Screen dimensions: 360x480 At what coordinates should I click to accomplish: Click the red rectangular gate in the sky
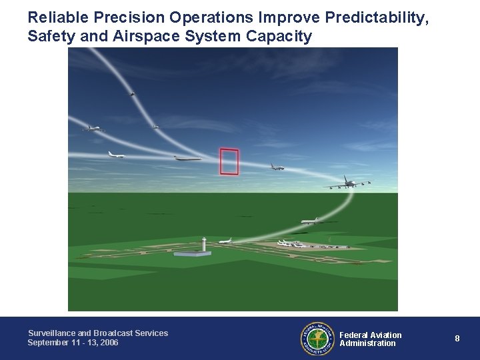click(x=229, y=161)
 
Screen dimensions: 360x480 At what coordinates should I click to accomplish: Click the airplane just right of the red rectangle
click(x=277, y=167)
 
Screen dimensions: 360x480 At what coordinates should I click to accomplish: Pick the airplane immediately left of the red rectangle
click(x=187, y=158)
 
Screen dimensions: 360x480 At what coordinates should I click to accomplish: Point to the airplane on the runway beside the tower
click(x=225, y=241)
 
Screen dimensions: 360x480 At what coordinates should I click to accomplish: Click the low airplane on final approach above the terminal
click(x=309, y=221)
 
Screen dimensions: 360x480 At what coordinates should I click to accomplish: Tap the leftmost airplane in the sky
click(x=93, y=128)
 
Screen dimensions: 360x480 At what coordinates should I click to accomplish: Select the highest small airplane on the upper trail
click(x=132, y=93)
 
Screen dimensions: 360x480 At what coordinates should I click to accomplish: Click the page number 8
click(x=457, y=339)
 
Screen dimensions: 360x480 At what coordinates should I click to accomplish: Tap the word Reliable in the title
click(x=53, y=18)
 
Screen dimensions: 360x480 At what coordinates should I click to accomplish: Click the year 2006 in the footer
click(x=106, y=343)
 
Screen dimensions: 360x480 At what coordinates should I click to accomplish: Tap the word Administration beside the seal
click(x=367, y=343)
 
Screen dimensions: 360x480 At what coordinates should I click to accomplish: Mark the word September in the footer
click(x=47, y=343)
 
